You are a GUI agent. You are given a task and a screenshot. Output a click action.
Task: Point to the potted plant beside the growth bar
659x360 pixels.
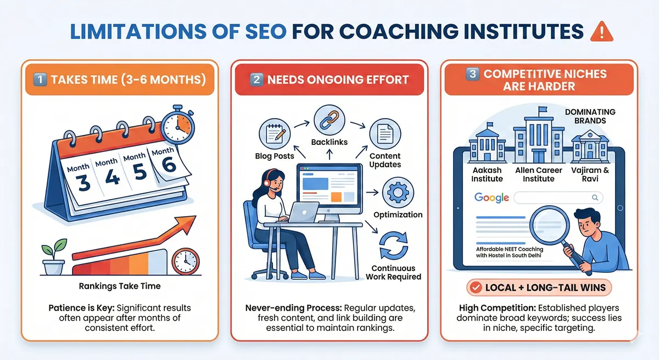point(53,258)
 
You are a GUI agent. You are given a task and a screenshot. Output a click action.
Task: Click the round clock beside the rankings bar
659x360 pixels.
point(185,262)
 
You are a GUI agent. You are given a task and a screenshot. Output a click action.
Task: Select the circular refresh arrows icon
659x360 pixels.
point(393,246)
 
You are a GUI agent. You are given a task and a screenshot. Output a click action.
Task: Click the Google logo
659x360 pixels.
point(492,198)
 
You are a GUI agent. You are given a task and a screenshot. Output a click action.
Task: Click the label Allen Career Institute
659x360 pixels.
point(539,175)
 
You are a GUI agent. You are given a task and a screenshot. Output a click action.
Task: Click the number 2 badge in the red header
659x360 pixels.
point(256,79)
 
